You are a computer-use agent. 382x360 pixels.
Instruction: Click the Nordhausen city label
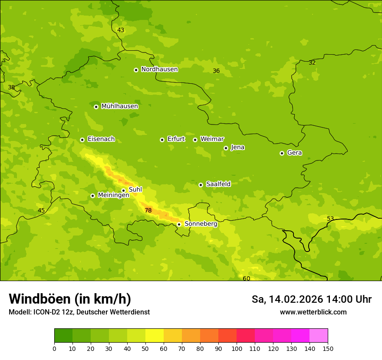(159, 69)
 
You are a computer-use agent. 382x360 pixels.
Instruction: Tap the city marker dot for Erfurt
(162, 140)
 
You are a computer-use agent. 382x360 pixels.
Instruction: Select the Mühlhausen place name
(119, 106)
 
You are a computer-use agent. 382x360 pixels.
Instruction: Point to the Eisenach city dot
(82, 140)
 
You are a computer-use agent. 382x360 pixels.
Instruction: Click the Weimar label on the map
(212, 139)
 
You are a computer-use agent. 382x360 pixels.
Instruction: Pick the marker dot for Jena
(226, 148)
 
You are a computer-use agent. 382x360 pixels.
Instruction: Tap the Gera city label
(294, 153)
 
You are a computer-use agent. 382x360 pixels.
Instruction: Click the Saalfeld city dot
(201, 185)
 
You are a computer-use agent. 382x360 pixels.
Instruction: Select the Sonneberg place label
(201, 224)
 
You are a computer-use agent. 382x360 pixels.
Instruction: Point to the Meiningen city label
(113, 195)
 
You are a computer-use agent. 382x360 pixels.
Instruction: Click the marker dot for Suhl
(123, 190)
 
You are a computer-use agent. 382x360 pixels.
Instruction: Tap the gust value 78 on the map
(148, 210)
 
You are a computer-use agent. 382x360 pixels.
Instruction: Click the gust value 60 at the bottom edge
(246, 278)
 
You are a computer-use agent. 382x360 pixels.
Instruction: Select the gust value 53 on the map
(330, 219)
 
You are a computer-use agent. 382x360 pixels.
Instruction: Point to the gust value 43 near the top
(121, 30)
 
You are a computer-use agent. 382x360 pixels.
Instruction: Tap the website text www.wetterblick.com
(313, 312)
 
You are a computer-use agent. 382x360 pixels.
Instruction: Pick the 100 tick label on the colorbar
(237, 348)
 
